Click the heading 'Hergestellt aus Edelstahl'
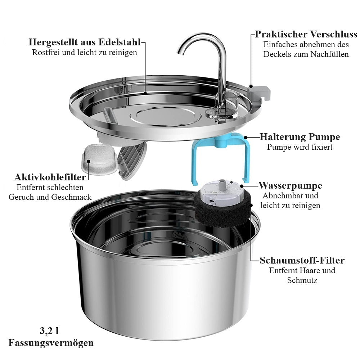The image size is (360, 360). pyautogui.click(x=85, y=42)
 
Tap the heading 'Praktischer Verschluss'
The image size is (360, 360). pyautogui.click(x=306, y=34)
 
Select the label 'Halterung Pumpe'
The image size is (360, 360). pyautogui.click(x=300, y=137)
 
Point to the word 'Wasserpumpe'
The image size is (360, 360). pyautogui.click(x=291, y=185)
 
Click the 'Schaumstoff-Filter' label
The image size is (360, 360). pyautogui.click(x=302, y=260)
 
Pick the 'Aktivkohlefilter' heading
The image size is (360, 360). pyautogui.click(x=50, y=177)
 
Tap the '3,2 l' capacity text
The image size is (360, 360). pyautogui.click(x=49, y=331)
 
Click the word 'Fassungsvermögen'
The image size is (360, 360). pyautogui.click(x=51, y=343)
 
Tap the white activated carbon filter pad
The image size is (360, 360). pyautogui.click(x=99, y=159)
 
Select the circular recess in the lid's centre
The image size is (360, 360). pyautogui.click(x=165, y=116)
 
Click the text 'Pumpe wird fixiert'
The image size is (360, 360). pyautogui.click(x=300, y=147)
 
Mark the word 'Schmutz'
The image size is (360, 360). pyautogui.click(x=302, y=280)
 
